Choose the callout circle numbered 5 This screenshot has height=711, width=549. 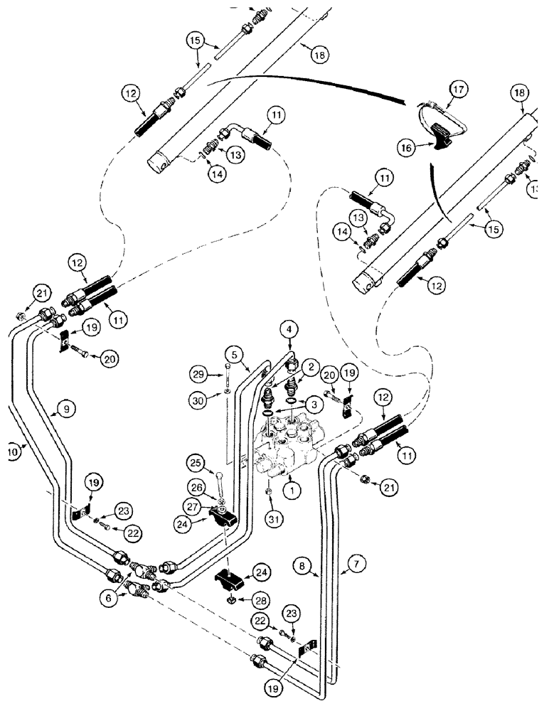click(x=237, y=353)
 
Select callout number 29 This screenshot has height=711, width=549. click(x=198, y=373)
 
